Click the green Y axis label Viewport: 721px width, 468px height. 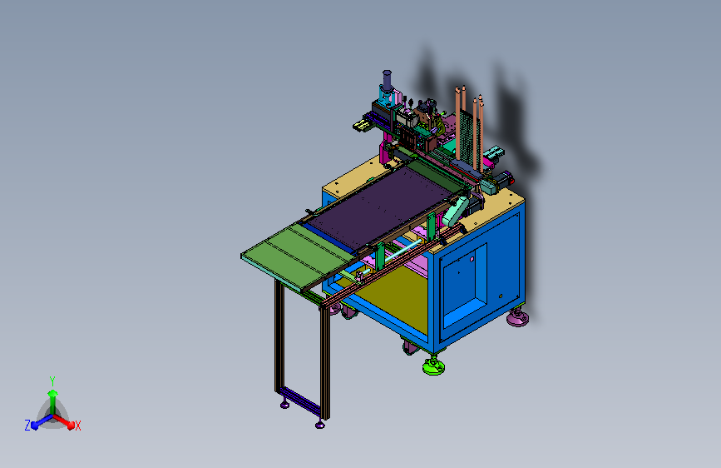coord(52,381)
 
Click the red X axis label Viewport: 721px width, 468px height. coord(77,426)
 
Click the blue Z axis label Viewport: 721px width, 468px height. coord(27,426)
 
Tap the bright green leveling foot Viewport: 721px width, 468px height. coord(433,366)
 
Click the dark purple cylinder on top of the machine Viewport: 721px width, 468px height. coord(387,80)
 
